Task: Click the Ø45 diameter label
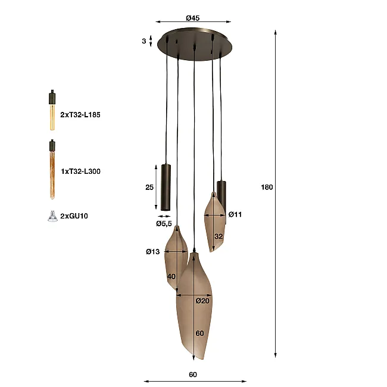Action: pyautogui.click(x=193, y=18)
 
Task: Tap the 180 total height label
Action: pyautogui.click(x=267, y=188)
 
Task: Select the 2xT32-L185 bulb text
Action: pyautogui.click(x=80, y=115)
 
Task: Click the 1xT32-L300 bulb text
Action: pyautogui.click(x=80, y=171)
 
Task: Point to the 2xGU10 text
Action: pyautogui.click(x=74, y=216)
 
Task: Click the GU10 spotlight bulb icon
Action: pyautogui.click(x=52, y=217)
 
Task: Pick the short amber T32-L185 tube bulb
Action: pyautogui.click(x=52, y=110)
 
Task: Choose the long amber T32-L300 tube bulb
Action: pyautogui.click(x=52, y=169)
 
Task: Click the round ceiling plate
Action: pyautogui.click(x=195, y=45)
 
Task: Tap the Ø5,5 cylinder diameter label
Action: pyautogui.click(x=164, y=224)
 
